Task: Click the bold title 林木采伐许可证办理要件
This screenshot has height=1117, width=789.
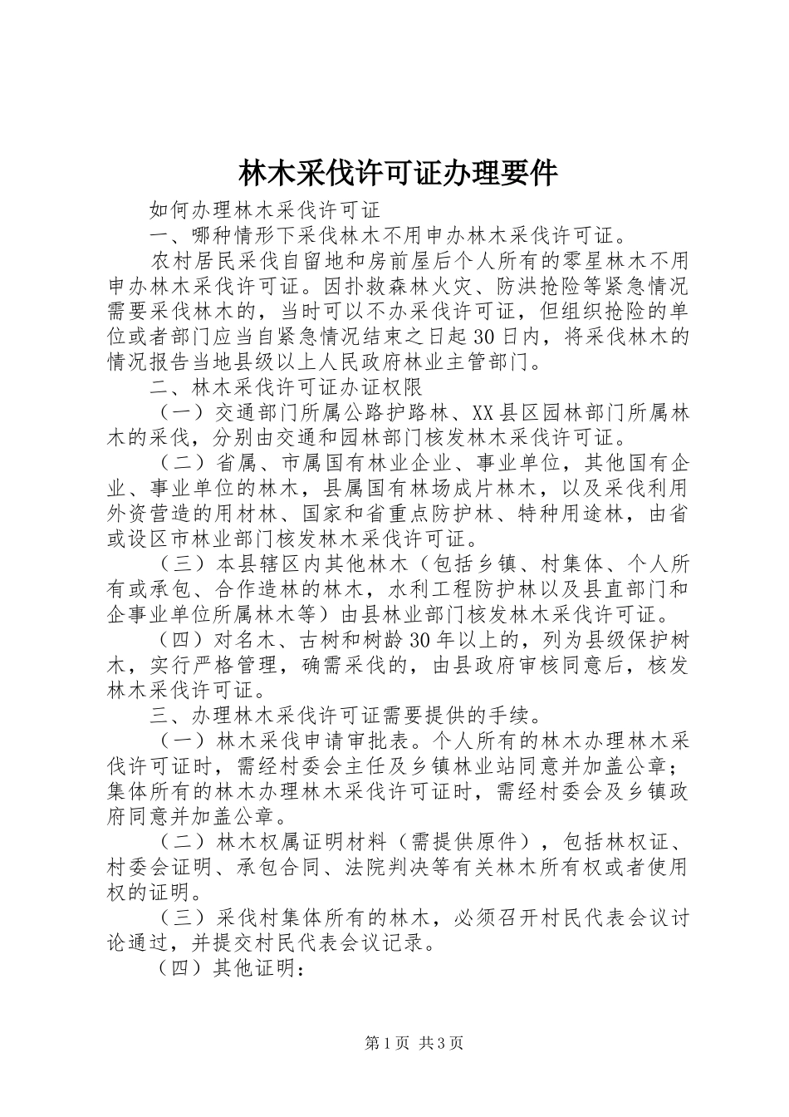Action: click(398, 174)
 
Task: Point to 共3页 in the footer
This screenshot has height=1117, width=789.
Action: click(441, 1043)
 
